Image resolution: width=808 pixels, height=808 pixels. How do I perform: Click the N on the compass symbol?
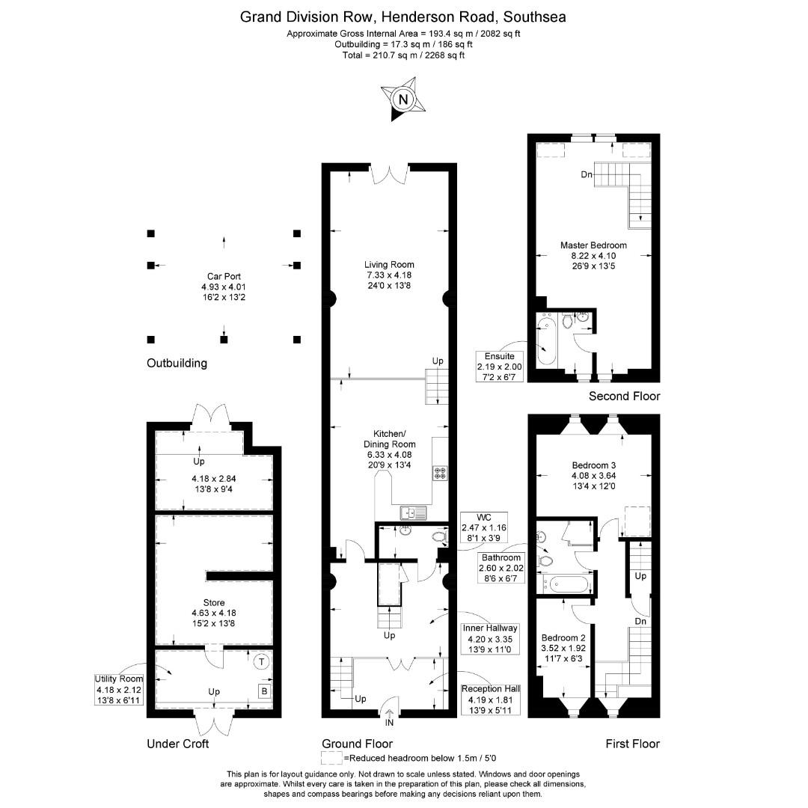pos(403,100)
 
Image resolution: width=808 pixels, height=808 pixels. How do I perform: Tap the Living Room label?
pos(389,265)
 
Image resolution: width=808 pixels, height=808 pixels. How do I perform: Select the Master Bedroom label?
pos(593,245)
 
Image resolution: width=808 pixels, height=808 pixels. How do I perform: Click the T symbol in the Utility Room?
pos(262,661)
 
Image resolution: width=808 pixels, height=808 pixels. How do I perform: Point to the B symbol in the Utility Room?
pos(264,691)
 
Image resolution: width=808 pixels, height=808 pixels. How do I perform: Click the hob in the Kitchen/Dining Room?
pos(440,473)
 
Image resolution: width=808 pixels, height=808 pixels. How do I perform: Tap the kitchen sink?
pos(413,513)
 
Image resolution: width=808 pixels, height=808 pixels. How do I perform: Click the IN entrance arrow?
pos(389,714)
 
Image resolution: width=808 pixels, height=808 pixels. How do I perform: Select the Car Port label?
pos(224,277)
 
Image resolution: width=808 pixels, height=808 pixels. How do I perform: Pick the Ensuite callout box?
pos(499,367)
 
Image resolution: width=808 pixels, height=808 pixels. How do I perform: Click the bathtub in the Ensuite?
pos(545,340)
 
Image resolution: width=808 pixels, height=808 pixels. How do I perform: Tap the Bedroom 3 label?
pos(593,465)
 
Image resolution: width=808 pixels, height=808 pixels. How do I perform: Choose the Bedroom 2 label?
pos(563,638)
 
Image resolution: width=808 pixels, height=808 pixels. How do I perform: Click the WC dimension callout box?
pos(484,527)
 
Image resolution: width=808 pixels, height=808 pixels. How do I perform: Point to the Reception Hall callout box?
pos(491,700)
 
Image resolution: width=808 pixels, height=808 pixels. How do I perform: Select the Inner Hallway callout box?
pos(490,639)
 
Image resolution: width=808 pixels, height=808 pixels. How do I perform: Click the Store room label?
pos(214,603)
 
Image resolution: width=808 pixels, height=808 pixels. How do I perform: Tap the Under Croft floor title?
pos(178,744)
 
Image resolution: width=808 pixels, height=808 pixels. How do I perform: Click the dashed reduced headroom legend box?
pos(331,758)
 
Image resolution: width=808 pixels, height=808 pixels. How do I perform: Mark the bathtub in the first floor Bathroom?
pos(565,584)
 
